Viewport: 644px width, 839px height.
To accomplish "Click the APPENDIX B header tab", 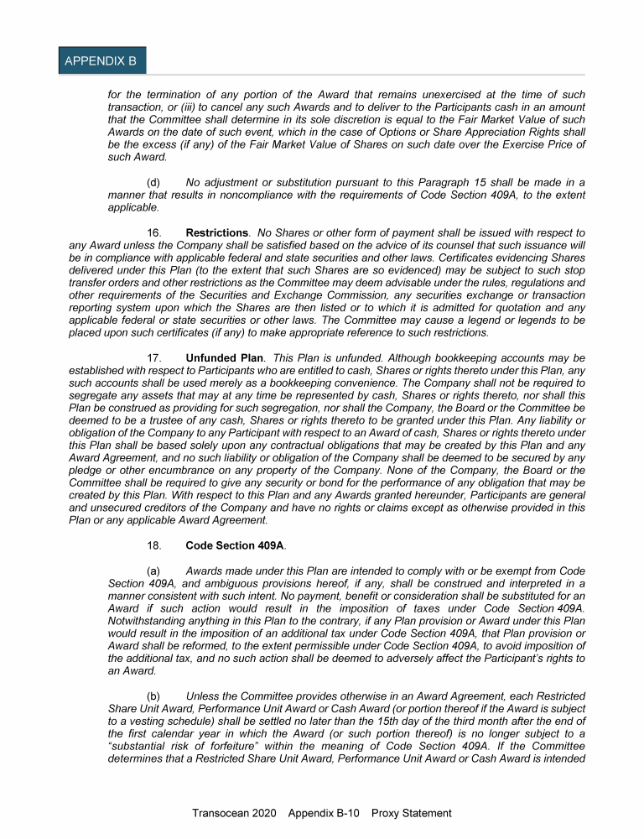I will (x=101, y=61).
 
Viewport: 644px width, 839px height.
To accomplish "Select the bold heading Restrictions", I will (x=216, y=232).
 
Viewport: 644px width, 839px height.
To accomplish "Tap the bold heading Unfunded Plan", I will (x=224, y=358).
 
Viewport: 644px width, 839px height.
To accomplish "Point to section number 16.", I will (x=153, y=232).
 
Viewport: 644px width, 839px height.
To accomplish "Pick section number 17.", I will (x=153, y=358).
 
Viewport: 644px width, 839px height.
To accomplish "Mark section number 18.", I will (x=153, y=545).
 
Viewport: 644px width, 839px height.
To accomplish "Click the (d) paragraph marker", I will (x=153, y=182).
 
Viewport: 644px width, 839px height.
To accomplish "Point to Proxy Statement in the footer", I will (x=411, y=813).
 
